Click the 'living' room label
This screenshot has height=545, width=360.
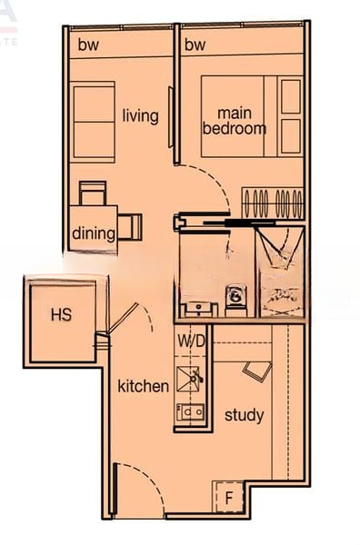tap(141, 115)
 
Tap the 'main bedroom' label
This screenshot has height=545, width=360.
tap(235, 122)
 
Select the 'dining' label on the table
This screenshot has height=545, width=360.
tap(94, 233)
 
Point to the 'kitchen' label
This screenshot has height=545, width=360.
tap(143, 386)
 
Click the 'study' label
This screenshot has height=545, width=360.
tap(245, 415)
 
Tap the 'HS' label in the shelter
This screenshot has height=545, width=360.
tap(62, 314)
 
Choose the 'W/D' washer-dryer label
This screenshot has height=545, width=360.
tap(191, 341)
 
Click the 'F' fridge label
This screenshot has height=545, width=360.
tap(228, 498)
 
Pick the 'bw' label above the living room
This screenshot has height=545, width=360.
tap(88, 45)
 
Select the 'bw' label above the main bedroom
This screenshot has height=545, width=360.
tap(195, 45)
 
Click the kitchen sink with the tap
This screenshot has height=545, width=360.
tap(189, 379)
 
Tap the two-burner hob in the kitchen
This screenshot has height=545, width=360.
tap(190, 412)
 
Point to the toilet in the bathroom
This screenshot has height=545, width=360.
tap(236, 299)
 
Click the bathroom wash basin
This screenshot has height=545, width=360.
tap(199, 309)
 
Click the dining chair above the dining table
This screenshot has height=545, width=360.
tap(93, 193)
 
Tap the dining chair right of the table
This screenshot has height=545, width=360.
tap(130, 226)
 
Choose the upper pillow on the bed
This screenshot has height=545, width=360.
tap(291, 96)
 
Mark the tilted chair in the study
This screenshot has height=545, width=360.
tap(257, 372)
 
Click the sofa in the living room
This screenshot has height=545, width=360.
tap(93, 122)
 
